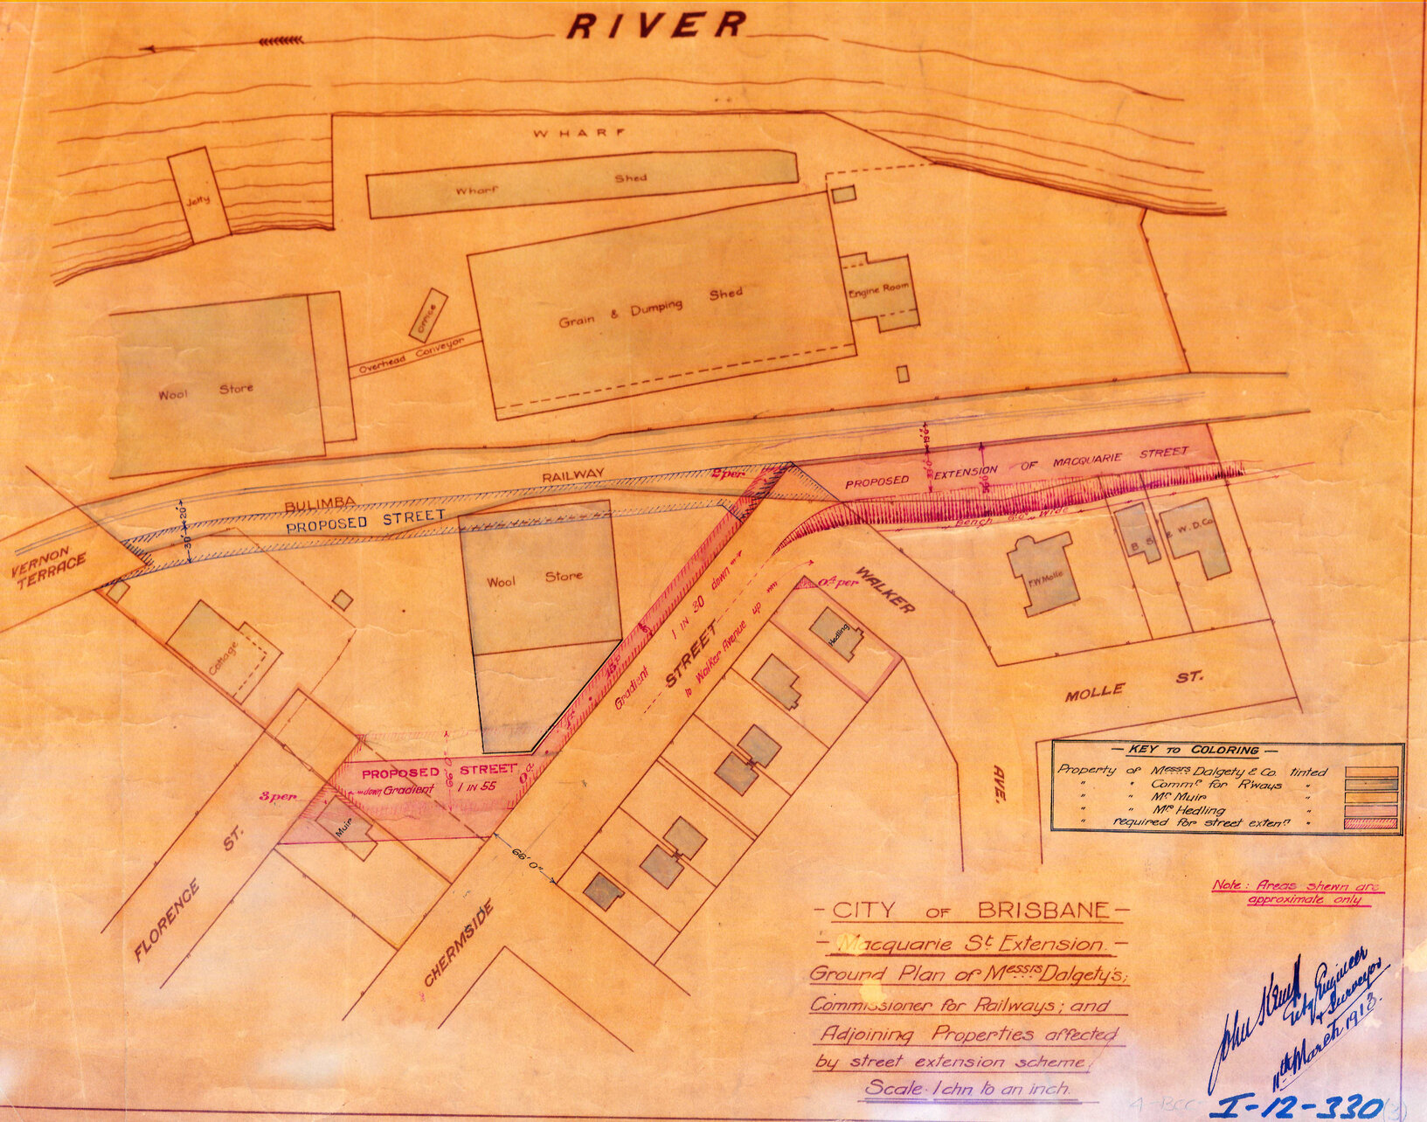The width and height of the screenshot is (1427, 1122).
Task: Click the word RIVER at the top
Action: (x=655, y=24)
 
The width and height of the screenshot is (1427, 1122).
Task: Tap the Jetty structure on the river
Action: (x=199, y=196)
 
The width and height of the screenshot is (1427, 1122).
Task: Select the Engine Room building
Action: (x=879, y=290)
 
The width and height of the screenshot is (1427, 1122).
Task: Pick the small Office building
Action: (x=428, y=315)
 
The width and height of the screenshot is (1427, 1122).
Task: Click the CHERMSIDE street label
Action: (x=459, y=944)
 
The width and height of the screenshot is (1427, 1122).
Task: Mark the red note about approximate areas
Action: (x=1298, y=892)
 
